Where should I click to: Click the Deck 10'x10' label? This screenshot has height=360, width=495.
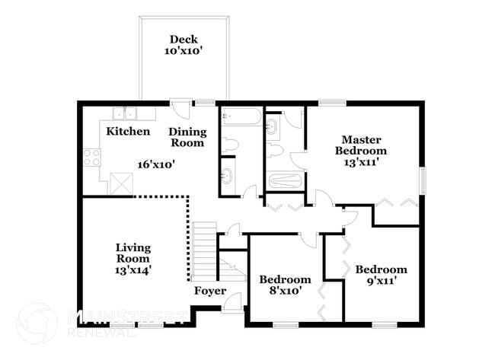(x=184, y=45)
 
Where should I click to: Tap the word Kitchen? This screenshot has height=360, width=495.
(x=128, y=132)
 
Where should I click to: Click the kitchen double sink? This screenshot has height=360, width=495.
(x=124, y=114)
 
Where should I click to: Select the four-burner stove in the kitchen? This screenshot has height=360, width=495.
(x=92, y=158)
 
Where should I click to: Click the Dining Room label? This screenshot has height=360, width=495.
(x=187, y=137)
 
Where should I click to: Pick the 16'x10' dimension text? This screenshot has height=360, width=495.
(x=156, y=164)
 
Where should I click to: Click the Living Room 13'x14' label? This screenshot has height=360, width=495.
(x=133, y=257)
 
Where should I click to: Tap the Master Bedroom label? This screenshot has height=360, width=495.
(x=361, y=150)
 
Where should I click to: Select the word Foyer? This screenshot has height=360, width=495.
(x=209, y=291)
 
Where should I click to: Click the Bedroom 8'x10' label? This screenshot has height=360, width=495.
(x=285, y=284)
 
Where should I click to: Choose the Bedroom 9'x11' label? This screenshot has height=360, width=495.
(x=380, y=275)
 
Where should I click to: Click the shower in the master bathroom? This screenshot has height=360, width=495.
(x=286, y=182)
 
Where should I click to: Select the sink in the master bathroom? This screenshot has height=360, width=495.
(x=273, y=123)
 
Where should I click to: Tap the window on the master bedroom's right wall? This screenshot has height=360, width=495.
(x=421, y=184)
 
